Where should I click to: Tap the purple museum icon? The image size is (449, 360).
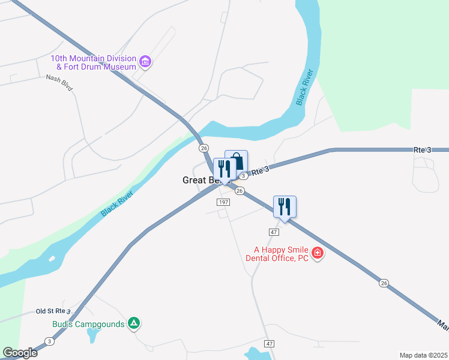click(x=145, y=61)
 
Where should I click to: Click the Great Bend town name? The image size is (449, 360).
click(x=197, y=180)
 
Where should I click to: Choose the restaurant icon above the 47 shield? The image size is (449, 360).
click(x=285, y=206)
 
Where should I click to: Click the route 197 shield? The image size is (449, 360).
click(x=223, y=203)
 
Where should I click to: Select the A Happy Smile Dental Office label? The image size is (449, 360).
click(x=277, y=254)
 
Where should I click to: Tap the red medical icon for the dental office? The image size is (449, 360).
click(x=318, y=254)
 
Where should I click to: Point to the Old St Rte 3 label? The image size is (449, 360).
click(x=53, y=311)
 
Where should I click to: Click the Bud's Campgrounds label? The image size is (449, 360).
click(x=88, y=325)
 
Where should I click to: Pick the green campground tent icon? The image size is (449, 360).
click(x=134, y=324)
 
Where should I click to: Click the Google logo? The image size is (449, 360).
click(x=20, y=353)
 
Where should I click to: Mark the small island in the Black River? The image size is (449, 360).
click(x=52, y=259)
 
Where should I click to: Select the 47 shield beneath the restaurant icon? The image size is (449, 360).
click(x=274, y=232)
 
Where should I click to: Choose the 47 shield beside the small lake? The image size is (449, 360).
click(x=270, y=343)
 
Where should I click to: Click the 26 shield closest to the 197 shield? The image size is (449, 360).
click(x=239, y=191)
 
